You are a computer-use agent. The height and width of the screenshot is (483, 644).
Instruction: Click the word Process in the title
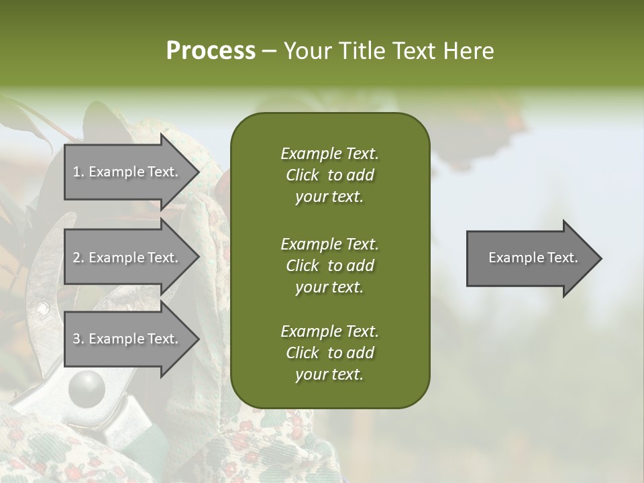211,51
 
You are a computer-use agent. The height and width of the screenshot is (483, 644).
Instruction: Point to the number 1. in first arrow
78,172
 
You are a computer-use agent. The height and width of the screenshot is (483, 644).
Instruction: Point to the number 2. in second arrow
78,258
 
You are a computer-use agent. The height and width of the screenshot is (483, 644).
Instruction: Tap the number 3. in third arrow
78,339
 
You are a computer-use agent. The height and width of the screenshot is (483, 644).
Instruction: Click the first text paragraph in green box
329,175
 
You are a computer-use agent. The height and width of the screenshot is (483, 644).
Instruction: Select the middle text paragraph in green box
329,266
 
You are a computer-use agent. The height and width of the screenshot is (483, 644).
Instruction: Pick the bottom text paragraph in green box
329,353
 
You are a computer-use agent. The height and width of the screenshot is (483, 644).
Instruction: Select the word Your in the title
307,51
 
